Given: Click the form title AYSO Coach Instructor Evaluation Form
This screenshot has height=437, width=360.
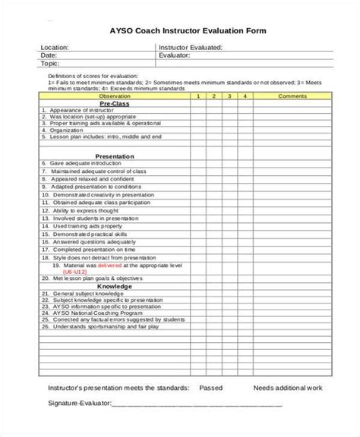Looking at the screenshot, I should tap(179, 30).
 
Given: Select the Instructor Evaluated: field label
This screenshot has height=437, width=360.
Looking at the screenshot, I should tap(191, 47).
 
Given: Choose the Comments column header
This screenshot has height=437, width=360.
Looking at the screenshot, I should tap(292, 97).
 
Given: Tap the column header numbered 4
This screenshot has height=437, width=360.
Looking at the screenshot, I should tap(245, 97).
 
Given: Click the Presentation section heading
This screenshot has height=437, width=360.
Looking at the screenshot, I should tap(115, 156).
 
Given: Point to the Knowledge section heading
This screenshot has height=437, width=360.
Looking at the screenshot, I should tap(115, 287).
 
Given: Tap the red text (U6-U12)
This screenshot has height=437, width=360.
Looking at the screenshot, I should tap(65, 272).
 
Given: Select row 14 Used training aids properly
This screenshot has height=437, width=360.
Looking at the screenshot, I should tap(82, 226).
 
